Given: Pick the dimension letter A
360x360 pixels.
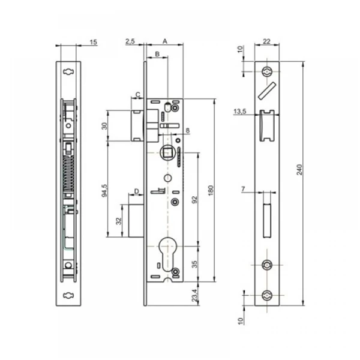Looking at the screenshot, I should coord(165,41).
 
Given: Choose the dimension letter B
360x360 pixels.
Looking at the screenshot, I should coord(157,55).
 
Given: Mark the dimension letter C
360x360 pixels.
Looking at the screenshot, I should coord(137,95).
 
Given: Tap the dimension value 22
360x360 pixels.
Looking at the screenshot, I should coord(267,41).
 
